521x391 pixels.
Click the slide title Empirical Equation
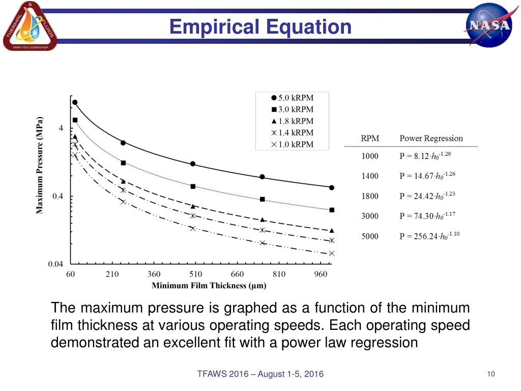260,26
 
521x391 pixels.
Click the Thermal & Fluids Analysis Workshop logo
30,26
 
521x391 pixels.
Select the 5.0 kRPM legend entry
292,98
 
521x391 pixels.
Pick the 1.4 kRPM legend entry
292,133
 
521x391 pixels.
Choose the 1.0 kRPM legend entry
292,145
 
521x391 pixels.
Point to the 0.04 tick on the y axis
56,264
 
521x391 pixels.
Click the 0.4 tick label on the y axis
58,197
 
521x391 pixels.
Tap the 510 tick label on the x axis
195,274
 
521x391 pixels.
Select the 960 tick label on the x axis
321,274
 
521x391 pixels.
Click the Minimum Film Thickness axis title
209,286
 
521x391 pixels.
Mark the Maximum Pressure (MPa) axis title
40,165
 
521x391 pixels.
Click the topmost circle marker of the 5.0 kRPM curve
75,102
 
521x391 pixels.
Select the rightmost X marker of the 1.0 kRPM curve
332,254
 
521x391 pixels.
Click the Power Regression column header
431,138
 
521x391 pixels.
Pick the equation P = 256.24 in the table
429,236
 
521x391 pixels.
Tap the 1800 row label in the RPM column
370,196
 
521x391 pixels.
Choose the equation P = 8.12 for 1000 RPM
425,156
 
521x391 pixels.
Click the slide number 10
490,374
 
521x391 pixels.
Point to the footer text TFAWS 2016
260,374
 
